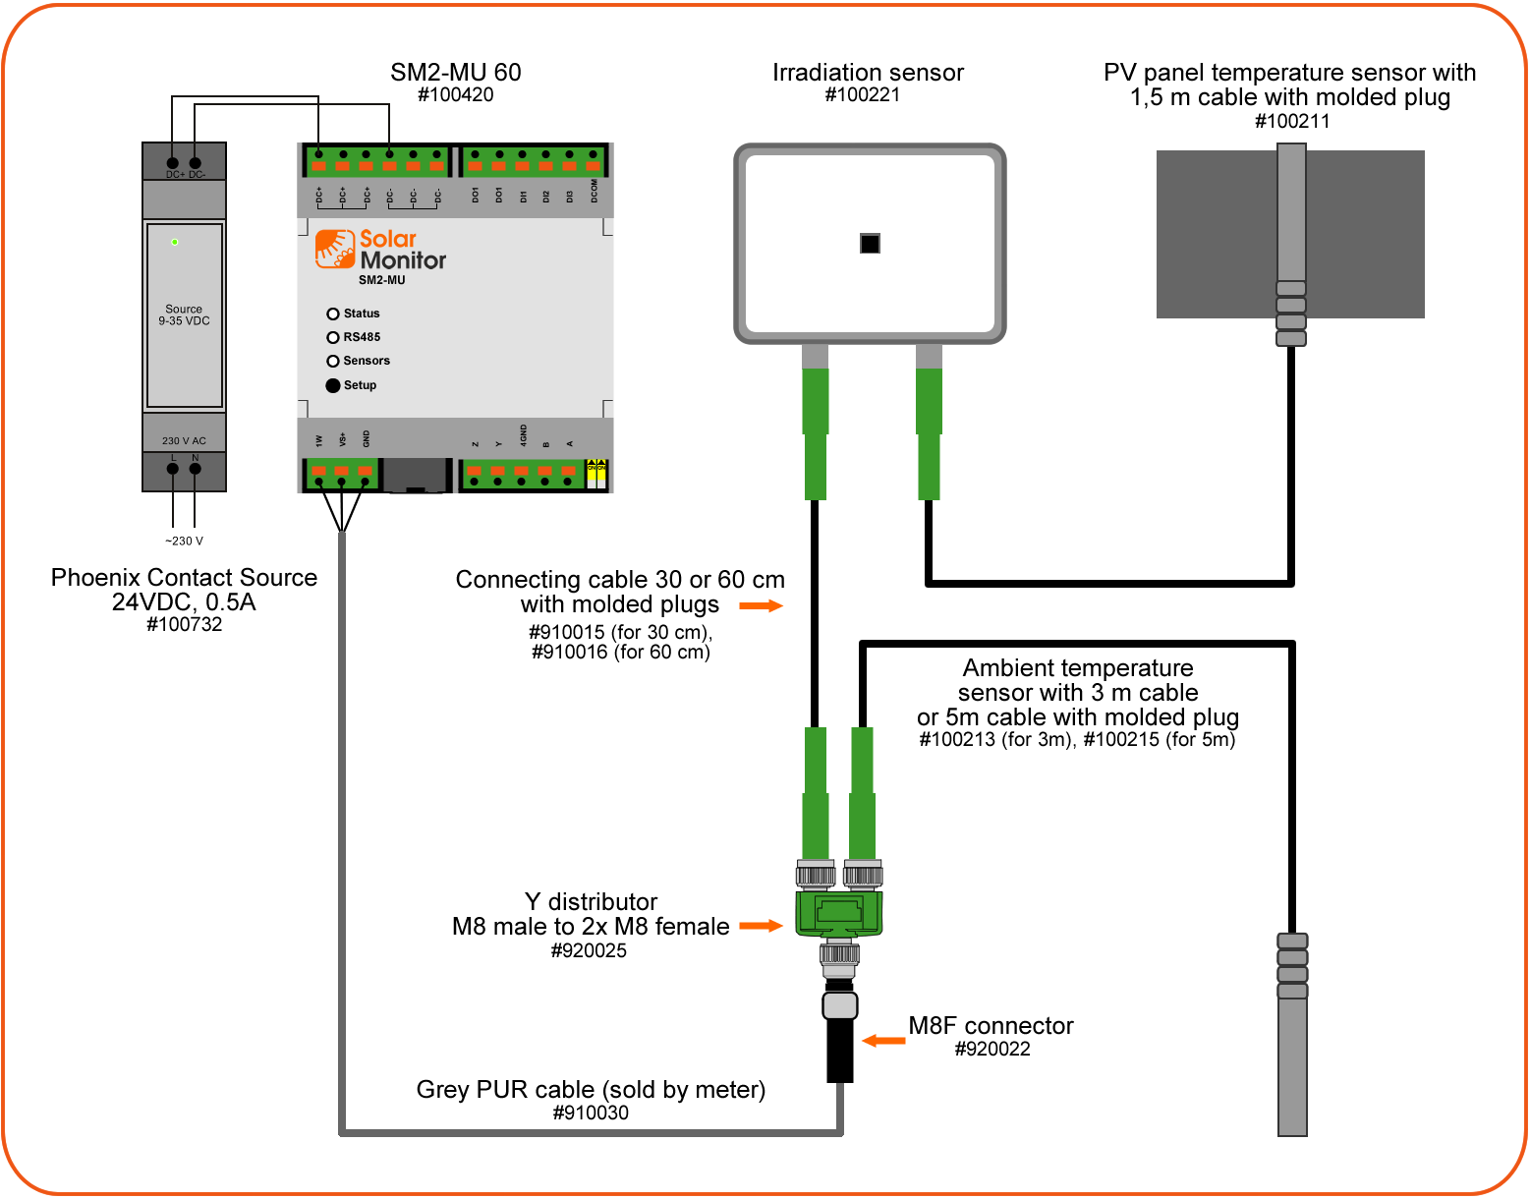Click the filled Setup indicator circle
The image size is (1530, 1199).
(x=333, y=385)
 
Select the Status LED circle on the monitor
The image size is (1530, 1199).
(x=333, y=314)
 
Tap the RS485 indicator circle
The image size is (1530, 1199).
(x=333, y=337)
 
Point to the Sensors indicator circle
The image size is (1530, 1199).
(x=333, y=361)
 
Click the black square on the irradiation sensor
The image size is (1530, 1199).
(x=870, y=243)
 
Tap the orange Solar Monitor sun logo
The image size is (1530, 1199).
(x=335, y=249)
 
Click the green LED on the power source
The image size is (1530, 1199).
(x=175, y=242)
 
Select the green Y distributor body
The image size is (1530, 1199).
(x=838, y=913)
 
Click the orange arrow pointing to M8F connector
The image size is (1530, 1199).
(x=883, y=1040)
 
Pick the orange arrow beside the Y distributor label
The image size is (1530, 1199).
(x=761, y=925)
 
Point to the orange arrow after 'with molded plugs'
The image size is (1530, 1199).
(x=761, y=605)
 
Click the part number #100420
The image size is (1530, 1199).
(x=455, y=95)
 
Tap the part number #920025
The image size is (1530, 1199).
(x=589, y=950)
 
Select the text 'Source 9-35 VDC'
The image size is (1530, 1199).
(x=184, y=314)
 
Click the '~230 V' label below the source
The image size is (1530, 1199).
(x=184, y=541)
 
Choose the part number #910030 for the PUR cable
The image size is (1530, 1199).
(x=591, y=1113)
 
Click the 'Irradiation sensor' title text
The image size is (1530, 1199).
(x=868, y=73)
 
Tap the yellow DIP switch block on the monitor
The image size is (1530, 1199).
(x=596, y=474)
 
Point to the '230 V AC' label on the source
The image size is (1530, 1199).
(x=184, y=440)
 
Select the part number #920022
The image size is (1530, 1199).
(x=992, y=1049)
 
